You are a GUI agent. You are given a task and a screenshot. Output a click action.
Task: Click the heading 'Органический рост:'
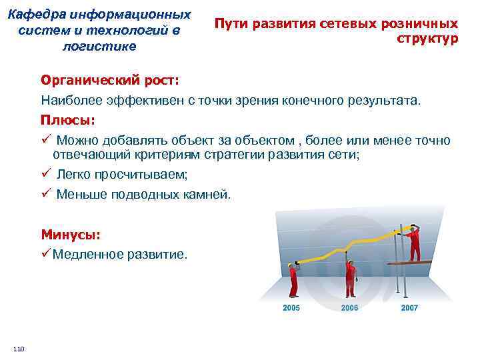[x=110, y=80]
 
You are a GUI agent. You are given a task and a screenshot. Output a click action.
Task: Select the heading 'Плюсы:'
[x=68, y=121]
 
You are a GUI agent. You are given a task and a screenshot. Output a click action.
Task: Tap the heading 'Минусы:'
[x=71, y=235]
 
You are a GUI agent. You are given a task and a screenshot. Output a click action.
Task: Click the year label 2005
[x=291, y=308]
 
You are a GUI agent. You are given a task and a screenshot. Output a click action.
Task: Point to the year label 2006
[x=349, y=308]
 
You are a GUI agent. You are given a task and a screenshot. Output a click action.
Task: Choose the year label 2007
[x=409, y=308]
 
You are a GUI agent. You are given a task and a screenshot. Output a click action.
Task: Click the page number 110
[x=18, y=349]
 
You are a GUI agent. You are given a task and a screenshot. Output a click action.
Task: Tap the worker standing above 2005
[x=291, y=279]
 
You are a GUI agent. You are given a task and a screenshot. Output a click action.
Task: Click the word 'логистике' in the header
[x=99, y=46]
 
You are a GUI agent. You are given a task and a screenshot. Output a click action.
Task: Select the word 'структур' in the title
[x=427, y=39]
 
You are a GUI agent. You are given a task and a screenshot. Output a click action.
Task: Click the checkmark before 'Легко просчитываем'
[x=45, y=174]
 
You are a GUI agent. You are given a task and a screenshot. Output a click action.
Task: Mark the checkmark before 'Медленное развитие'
[x=45, y=254]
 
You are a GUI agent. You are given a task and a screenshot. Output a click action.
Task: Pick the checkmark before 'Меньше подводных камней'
[x=45, y=194]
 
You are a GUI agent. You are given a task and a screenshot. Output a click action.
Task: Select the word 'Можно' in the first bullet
[x=77, y=141]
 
